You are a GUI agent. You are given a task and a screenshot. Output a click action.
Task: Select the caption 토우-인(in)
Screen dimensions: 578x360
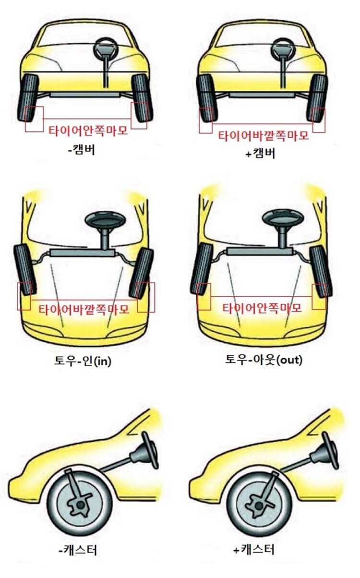pyautogui.click(x=83, y=361)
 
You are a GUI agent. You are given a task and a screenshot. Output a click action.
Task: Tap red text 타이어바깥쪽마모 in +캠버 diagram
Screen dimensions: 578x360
pyautogui.click(x=263, y=135)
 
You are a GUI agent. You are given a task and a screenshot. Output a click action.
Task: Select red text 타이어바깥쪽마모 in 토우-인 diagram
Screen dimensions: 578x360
pyautogui.click(x=84, y=309)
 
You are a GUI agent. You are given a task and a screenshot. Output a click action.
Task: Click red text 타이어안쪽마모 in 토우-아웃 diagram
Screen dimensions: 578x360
pyautogui.click(x=262, y=308)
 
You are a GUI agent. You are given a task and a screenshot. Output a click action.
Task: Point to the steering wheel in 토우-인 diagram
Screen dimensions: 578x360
pyautogui.click(x=105, y=221)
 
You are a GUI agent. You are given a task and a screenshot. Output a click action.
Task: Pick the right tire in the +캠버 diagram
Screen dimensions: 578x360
pyautogui.click(x=318, y=98)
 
